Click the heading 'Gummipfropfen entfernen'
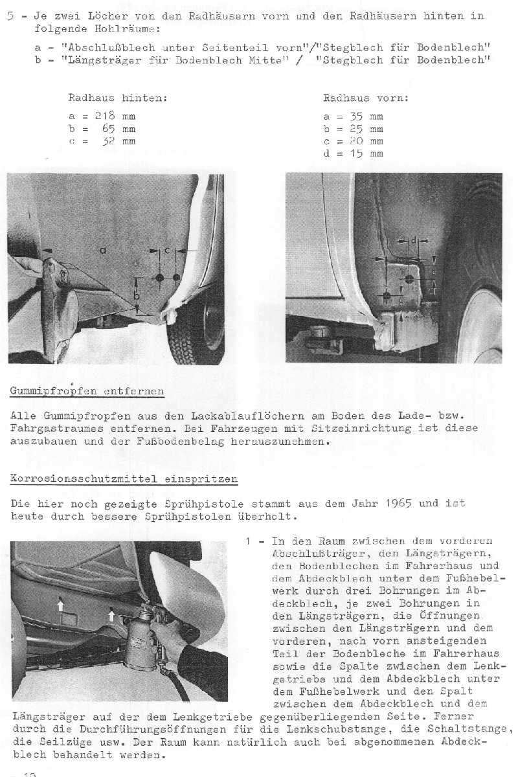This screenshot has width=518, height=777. click(x=87, y=391)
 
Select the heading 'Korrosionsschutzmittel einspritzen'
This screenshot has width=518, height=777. click(x=124, y=479)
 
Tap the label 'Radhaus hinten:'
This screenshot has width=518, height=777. click(x=118, y=98)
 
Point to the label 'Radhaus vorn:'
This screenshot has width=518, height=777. click(x=366, y=98)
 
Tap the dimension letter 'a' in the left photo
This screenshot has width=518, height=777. click(x=103, y=250)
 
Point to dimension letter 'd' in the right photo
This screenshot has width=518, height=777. click(x=413, y=242)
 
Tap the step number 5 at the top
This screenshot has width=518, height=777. click(x=10, y=16)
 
